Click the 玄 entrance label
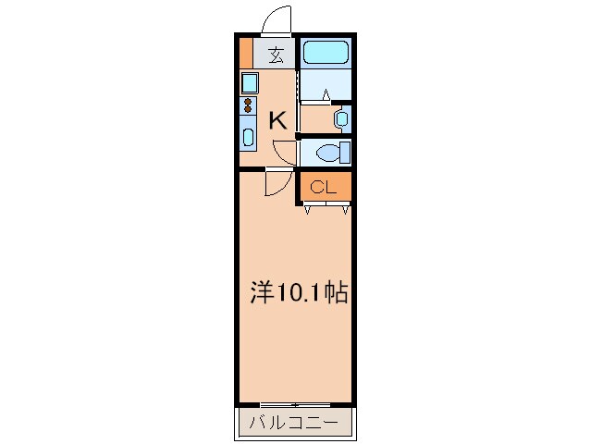click(276, 54)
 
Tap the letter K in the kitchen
click(276, 118)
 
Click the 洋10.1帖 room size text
click(299, 293)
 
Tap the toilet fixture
click(329, 152)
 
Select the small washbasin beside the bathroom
click(341, 118)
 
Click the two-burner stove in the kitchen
click(248, 105)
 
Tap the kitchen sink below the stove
click(248, 136)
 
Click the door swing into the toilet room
click(285, 152)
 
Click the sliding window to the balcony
click(295, 405)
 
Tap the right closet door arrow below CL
click(344, 210)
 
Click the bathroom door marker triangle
click(327, 93)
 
